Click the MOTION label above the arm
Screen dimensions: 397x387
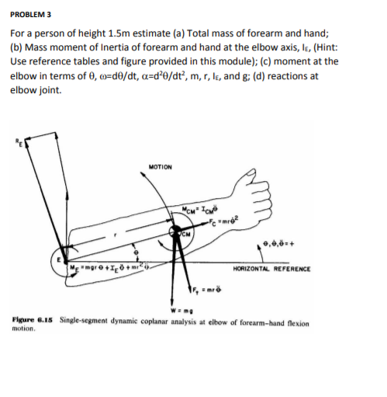162,166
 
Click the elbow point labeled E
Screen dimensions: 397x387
58,261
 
